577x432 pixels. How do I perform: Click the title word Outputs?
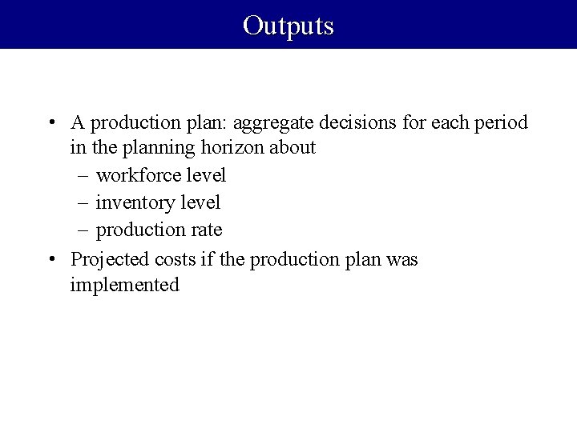click(288, 26)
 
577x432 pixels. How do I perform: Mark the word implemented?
click(124, 285)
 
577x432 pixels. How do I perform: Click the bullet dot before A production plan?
click(50, 123)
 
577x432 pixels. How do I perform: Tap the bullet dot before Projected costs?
click(50, 259)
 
